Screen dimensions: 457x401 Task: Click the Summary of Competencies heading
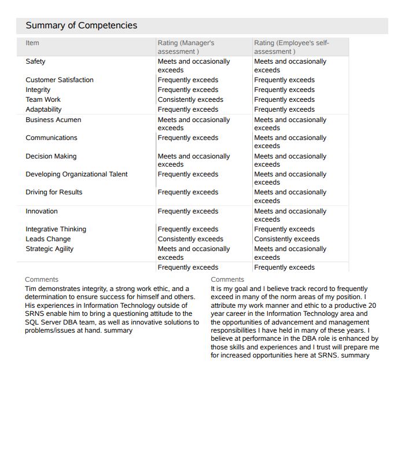click(x=82, y=25)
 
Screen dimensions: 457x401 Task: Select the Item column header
click(x=32, y=43)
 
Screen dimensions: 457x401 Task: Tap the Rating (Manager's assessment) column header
click(x=186, y=47)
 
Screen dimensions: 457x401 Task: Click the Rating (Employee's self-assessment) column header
click(x=291, y=47)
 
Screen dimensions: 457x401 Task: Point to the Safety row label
click(x=35, y=61)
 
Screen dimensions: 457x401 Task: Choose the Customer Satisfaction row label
click(x=59, y=80)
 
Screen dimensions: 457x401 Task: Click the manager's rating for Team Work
click(x=190, y=99)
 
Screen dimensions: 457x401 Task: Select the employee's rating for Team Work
click(x=284, y=99)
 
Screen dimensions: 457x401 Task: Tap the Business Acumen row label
click(x=53, y=120)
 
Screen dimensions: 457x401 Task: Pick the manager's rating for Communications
click(x=188, y=138)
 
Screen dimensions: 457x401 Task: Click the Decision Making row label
click(x=51, y=156)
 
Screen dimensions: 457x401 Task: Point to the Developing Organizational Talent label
click(x=76, y=174)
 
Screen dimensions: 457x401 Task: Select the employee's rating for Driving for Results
click(x=290, y=196)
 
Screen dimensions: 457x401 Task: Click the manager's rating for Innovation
click(x=188, y=211)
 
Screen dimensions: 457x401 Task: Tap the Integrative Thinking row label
click(x=56, y=229)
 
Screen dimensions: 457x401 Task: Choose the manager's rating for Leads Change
click(x=190, y=239)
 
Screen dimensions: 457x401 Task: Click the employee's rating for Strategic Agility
click(x=290, y=253)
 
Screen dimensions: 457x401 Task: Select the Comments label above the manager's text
click(x=42, y=279)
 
